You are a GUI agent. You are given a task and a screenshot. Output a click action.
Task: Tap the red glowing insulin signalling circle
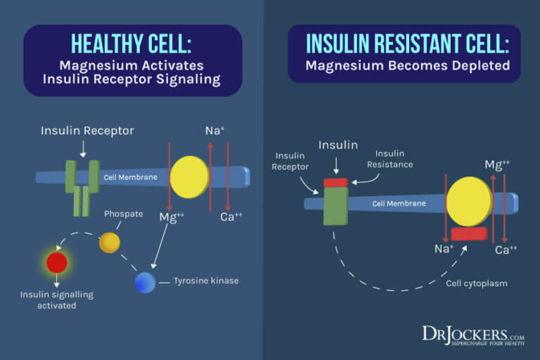(x=56, y=262)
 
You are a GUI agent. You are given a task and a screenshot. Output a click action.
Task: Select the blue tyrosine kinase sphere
(x=145, y=282)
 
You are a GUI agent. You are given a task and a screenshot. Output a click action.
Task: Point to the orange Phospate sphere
(x=109, y=242)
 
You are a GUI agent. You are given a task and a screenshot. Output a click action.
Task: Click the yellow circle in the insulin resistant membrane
(x=468, y=201)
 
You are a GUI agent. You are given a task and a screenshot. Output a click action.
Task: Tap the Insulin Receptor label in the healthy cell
(x=87, y=131)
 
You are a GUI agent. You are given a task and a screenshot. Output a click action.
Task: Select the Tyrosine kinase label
(x=206, y=281)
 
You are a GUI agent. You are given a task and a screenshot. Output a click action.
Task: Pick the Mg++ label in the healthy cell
(x=172, y=217)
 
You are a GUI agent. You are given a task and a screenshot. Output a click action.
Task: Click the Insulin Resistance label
(x=394, y=159)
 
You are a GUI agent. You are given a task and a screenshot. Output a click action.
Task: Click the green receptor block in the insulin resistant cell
(x=335, y=205)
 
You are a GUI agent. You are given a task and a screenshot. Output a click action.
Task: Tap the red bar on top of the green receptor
(x=335, y=183)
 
